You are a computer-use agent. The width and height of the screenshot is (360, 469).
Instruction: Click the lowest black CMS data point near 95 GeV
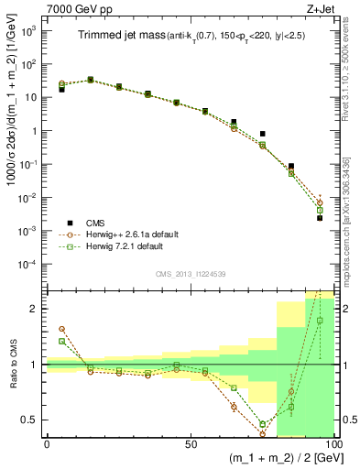pos(320,218)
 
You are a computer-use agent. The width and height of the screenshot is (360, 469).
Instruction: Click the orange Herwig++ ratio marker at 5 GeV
pos(61,329)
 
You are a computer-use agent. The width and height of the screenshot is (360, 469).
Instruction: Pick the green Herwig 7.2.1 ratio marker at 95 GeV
pos(320,321)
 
